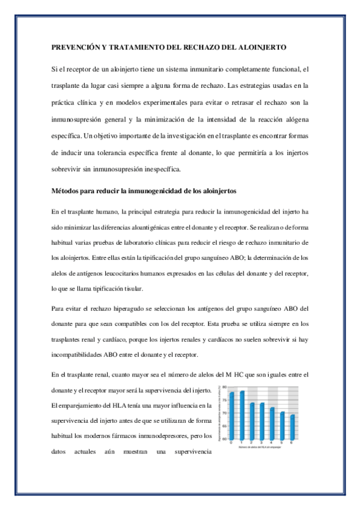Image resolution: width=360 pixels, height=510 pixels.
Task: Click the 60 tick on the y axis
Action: coord(225,439)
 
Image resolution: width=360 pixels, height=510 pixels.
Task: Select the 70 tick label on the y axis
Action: coord(225,413)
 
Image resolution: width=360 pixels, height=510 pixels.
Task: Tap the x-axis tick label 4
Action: coord(272,443)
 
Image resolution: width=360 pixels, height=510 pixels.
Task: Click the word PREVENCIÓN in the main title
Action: coord(73,46)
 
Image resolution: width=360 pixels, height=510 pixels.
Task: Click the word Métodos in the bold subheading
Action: coord(66,191)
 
